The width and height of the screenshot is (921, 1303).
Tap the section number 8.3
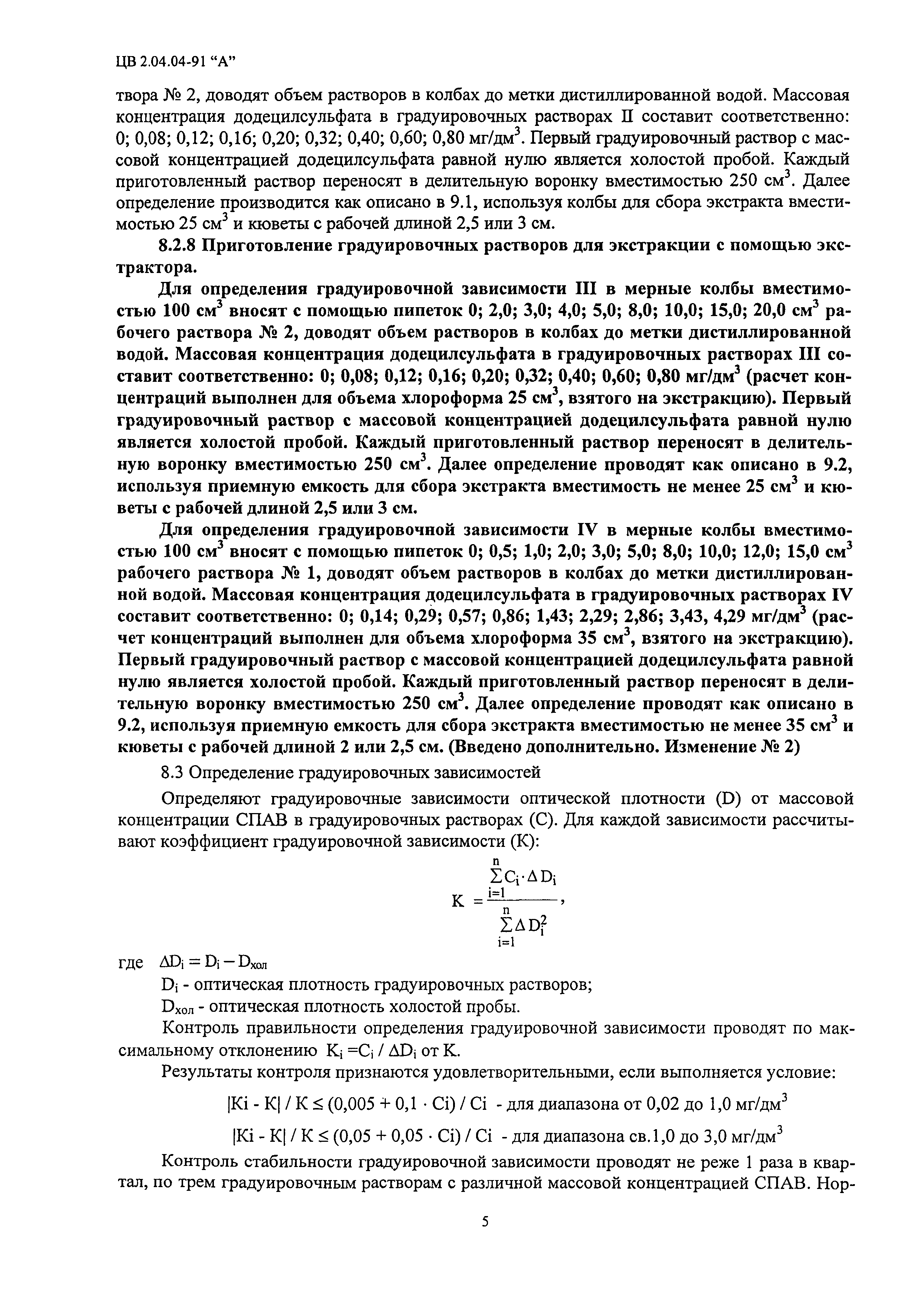click(174, 772)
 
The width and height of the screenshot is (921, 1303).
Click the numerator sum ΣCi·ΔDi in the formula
click(523, 878)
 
